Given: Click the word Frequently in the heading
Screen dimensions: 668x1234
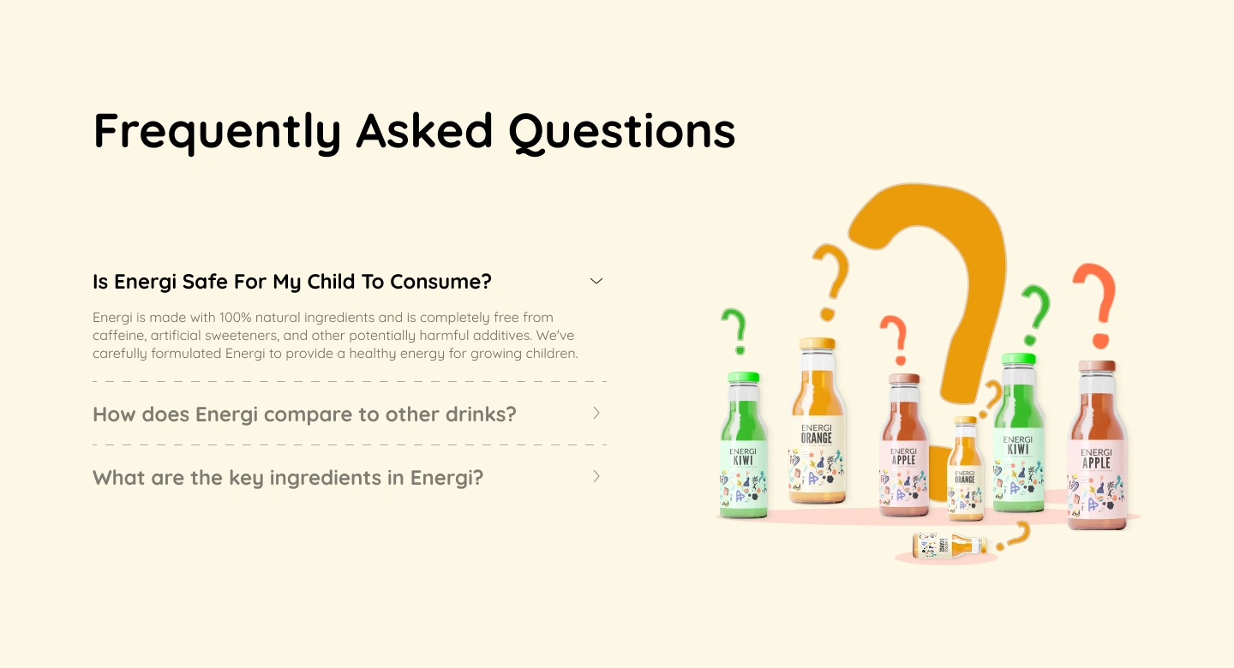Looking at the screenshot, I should (x=217, y=132).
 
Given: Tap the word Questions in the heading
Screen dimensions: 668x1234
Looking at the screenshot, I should (x=621, y=132).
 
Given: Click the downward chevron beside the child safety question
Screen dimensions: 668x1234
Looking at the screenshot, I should (x=596, y=281).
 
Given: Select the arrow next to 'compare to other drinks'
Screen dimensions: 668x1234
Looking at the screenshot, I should (x=596, y=413).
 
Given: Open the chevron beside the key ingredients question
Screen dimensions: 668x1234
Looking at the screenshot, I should (x=596, y=476).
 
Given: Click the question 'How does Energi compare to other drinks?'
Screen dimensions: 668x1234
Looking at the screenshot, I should (x=304, y=415).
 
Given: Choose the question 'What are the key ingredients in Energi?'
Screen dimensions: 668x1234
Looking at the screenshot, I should (x=288, y=478).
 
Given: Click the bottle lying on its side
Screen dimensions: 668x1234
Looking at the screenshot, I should (x=949, y=545).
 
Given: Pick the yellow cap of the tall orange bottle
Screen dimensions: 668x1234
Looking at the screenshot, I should (x=817, y=344).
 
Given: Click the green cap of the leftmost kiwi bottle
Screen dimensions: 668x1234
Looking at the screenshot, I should (x=743, y=378).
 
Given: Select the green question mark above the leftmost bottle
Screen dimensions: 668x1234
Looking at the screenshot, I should (x=734, y=330).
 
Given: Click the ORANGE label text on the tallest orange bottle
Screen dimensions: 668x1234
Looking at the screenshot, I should (x=816, y=438).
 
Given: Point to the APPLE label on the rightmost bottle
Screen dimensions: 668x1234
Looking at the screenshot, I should (x=1095, y=462).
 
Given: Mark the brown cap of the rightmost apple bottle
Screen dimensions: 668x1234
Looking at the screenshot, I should (x=1097, y=367).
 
